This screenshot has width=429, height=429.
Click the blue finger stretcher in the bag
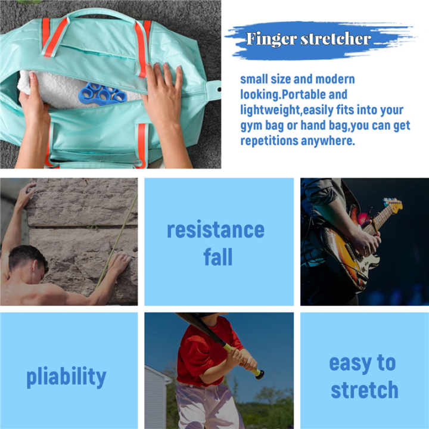(102, 93)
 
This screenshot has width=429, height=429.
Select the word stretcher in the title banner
(336, 40)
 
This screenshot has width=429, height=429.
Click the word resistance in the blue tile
(216, 229)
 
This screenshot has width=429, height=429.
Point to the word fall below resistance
(217, 257)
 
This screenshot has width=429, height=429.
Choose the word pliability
(66, 377)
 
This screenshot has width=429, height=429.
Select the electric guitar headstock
(393, 206)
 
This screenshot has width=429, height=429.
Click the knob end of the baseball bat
(259, 374)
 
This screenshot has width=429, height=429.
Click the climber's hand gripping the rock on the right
(119, 260)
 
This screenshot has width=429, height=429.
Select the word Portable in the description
(324, 95)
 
